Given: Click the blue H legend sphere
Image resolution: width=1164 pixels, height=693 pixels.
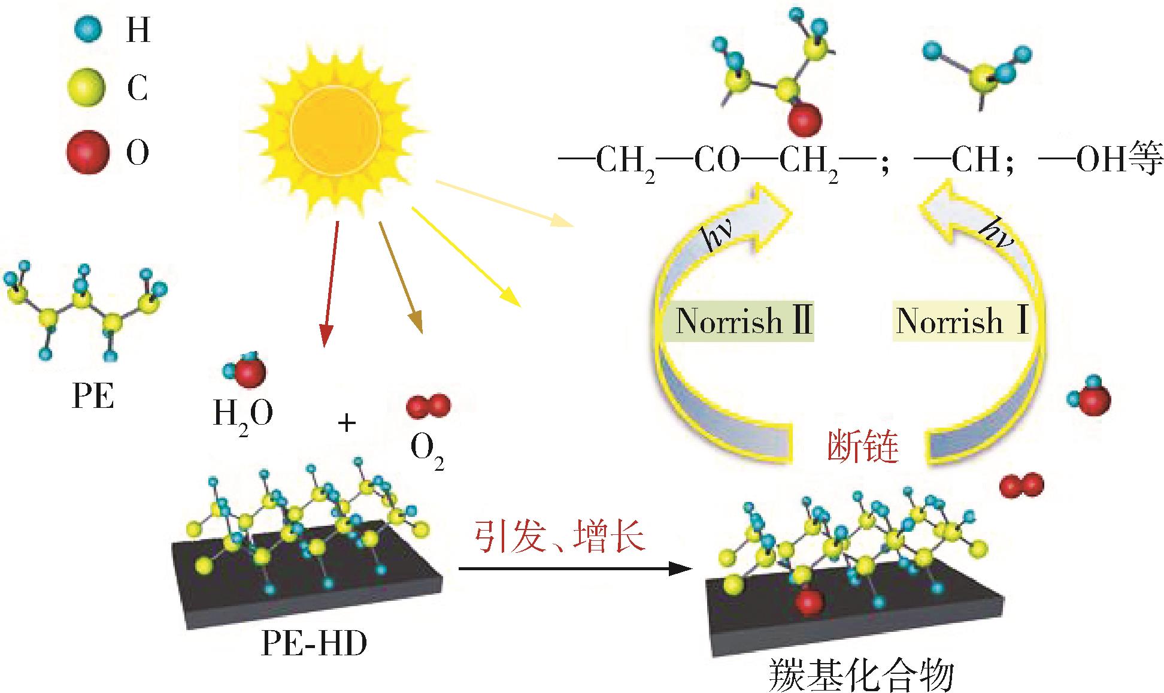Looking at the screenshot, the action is tap(89, 28).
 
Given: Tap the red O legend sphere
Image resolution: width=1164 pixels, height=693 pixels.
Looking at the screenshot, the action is tap(87, 152).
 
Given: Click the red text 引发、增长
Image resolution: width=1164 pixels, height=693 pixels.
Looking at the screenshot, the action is tap(560, 537).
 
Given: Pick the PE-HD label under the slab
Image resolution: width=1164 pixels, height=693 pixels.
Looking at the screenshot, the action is tap(314, 644).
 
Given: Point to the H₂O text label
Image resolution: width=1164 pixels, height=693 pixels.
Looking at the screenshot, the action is tap(243, 414).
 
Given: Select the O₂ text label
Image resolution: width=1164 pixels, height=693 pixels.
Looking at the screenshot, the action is tap(427, 452).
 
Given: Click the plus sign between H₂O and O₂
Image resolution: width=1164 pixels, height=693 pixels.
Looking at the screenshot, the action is tap(347, 423).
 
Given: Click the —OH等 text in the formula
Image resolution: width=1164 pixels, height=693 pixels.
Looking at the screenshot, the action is tap(1101, 160).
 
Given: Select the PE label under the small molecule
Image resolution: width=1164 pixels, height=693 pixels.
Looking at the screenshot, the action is tap(93, 396).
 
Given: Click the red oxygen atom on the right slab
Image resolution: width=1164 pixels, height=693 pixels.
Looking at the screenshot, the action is tap(808, 602).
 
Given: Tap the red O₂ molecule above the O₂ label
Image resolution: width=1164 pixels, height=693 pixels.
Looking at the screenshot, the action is tap(428, 406).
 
